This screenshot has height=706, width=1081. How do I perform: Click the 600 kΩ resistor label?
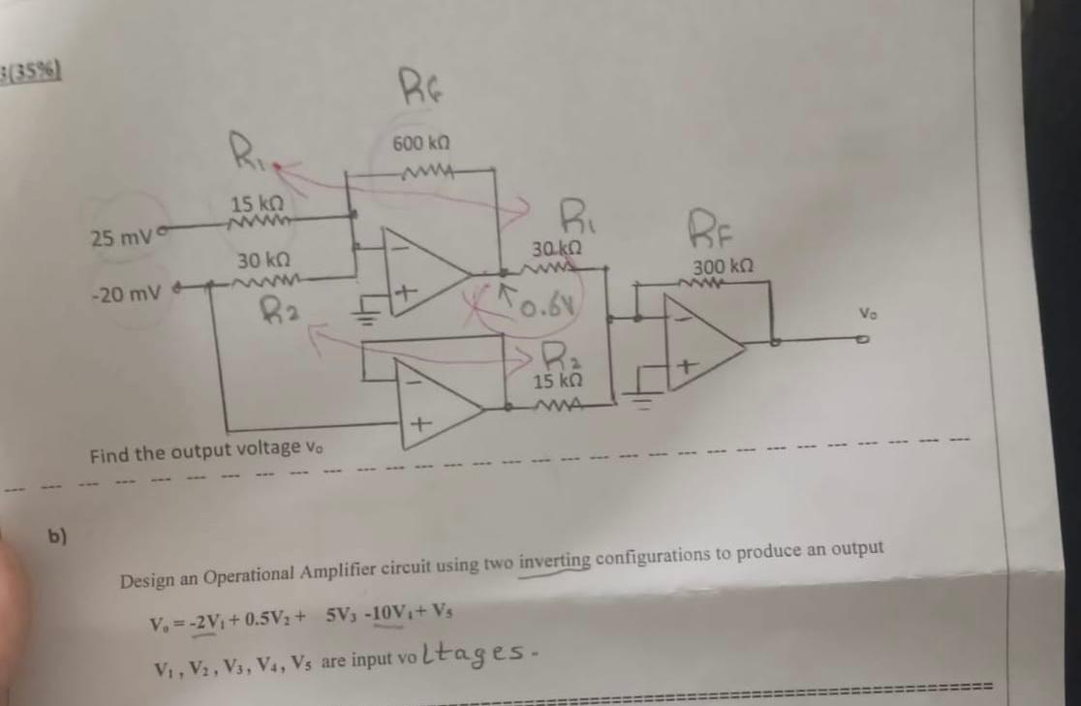coord(419,143)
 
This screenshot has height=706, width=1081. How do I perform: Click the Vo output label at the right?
coord(869,315)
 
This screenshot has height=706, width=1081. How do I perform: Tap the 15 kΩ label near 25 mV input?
coord(256,204)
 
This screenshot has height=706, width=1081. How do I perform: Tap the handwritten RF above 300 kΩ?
coord(713,232)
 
